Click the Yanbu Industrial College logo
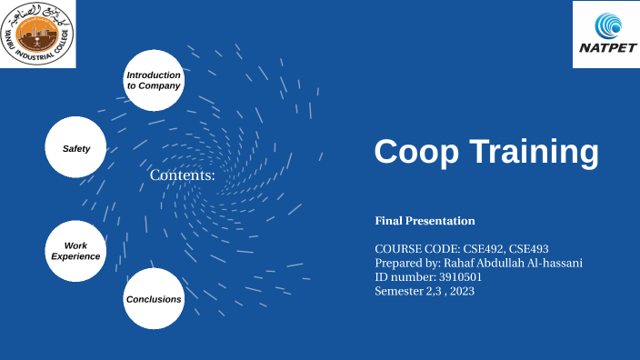[38, 34]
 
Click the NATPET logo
[605, 34]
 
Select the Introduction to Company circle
[154, 80]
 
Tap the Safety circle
[76, 147]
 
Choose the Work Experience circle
[76, 251]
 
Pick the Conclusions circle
[154, 298]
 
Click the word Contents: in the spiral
[182, 175]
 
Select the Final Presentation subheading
[425, 221]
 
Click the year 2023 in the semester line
[461, 292]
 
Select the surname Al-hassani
[553, 263]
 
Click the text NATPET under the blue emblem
[605, 52]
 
